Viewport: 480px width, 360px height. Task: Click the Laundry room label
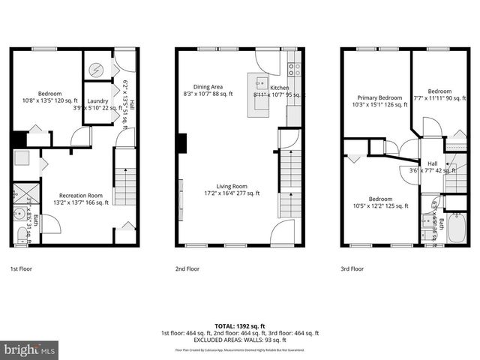tap(97, 101)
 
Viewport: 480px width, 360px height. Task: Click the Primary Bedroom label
tap(379, 101)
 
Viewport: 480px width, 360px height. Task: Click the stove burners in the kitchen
tap(295, 69)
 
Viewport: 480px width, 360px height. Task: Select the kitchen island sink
tap(260, 83)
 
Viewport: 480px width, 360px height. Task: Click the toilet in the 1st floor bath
tap(22, 235)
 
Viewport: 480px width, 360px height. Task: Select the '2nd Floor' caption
tap(187, 268)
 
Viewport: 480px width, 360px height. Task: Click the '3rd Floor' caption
tap(352, 268)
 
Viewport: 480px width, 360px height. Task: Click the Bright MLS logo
tap(30, 349)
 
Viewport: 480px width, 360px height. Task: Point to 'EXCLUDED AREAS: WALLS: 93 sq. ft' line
tap(240, 340)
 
